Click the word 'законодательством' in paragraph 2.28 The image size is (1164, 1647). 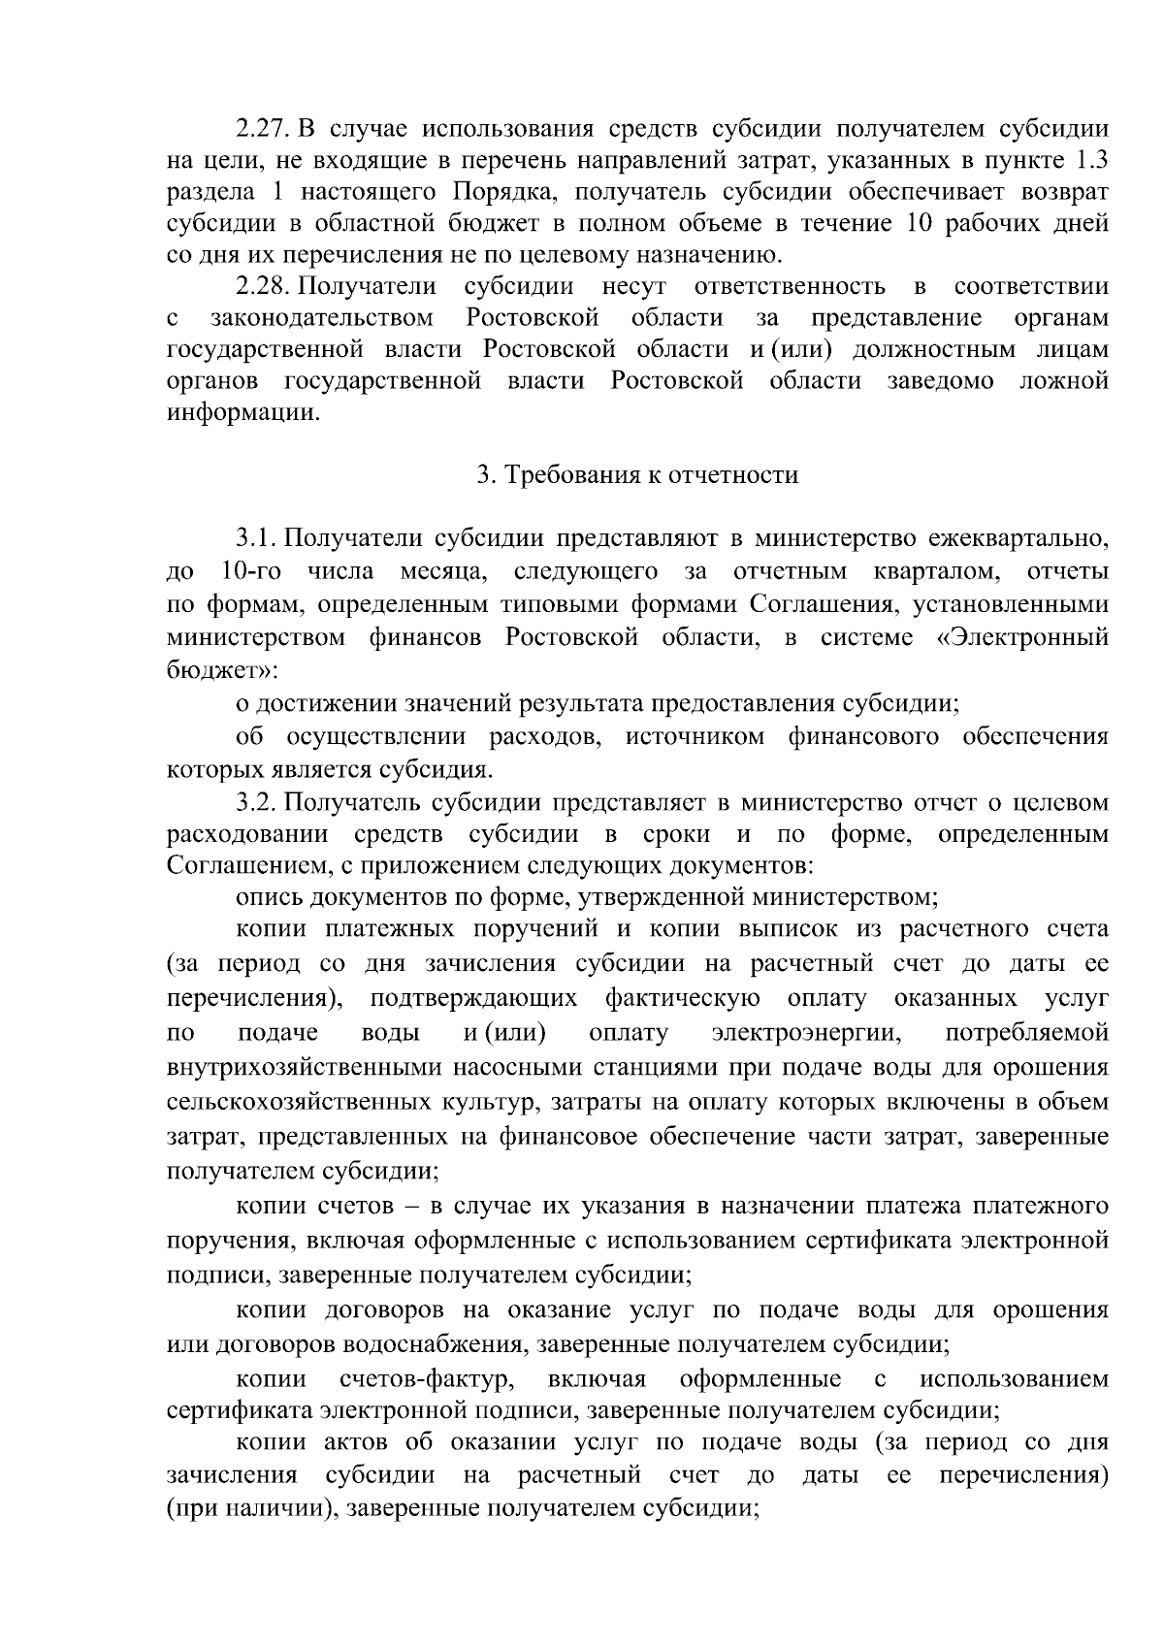coord(321,318)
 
